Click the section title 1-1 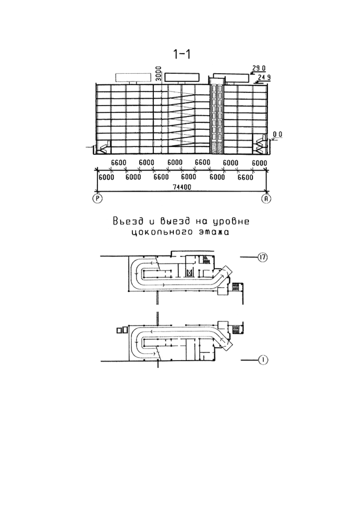pos(182,54)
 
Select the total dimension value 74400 pos(182,187)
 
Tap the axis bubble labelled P pos(98,199)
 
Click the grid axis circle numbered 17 pos(263,257)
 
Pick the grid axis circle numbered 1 pos(263,360)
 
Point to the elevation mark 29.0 pos(259,68)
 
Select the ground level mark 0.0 pos(278,135)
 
